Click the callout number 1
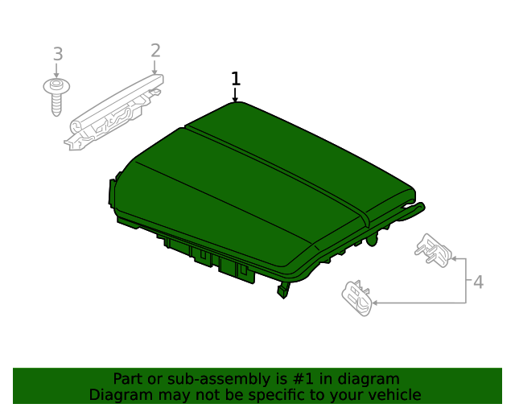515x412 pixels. [x=236, y=79]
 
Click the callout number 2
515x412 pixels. [x=155, y=51]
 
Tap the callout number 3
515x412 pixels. [x=58, y=54]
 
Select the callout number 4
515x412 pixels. [x=478, y=282]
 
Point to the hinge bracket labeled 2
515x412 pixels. [x=113, y=113]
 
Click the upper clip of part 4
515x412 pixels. [x=433, y=250]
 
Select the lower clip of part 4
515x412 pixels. [x=357, y=298]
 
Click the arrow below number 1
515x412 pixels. [x=235, y=95]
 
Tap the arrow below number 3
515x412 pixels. [x=56, y=71]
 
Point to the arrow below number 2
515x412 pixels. [x=154, y=68]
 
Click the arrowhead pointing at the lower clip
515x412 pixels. [x=375, y=303]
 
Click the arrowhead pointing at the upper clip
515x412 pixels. [x=454, y=259]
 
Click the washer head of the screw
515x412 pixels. [x=56, y=86]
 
